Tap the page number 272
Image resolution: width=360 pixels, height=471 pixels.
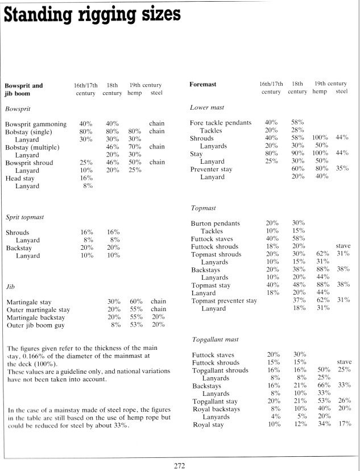(x=180, y=465)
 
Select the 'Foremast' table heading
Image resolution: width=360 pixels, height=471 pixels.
(x=202, y=84)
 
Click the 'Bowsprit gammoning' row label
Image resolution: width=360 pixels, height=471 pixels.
(x=36, y=124)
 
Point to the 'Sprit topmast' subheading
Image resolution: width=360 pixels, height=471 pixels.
(x=24, y=217)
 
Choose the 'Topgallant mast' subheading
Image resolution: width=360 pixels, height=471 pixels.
(x=214, y=339)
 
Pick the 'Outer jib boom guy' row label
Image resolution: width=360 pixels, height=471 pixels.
(x=35, y=325)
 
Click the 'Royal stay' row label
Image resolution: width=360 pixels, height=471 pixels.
(x=208, y=424)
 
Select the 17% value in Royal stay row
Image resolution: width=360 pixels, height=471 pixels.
(x=343, y=424)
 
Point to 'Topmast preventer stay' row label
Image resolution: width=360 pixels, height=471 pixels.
(x=224, y=300)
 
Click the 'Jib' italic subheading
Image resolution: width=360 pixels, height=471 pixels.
(x=10, y=286)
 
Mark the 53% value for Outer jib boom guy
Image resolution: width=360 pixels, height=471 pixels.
(x=135, y=325)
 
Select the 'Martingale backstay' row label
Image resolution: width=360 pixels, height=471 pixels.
(x=38, y=317)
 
